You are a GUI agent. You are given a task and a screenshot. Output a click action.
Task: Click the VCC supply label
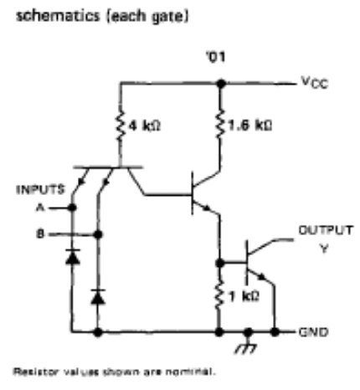[315, 83]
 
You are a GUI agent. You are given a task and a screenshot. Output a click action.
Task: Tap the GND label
[313, 332]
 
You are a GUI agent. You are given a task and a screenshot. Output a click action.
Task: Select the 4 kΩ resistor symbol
[120, 126]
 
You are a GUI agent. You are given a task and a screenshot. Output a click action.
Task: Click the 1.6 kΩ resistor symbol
[220, 124]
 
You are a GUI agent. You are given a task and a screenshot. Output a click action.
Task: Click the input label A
[40, 208]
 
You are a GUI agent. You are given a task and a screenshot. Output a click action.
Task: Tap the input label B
[40, 233]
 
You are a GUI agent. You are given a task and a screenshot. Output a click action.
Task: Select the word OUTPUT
[326, 230]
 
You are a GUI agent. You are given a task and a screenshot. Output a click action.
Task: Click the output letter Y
[324, 248]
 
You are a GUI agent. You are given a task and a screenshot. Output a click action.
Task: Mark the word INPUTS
[40, 190]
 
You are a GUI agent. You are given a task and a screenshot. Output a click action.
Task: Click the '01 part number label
[216, 57]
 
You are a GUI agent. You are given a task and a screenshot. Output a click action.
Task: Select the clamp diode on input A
[73, 257]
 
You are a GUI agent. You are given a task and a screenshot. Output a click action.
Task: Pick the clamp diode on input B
[98, 297]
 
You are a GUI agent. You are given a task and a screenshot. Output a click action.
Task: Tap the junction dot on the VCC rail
[221, 84]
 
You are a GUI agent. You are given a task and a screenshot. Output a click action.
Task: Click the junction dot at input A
[72, 208]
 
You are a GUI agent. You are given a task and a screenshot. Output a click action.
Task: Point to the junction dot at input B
[98, 234]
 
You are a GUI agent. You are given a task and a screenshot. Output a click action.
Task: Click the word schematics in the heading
[58, 16]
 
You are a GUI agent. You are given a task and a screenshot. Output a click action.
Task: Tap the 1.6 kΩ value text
[250, 126]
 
